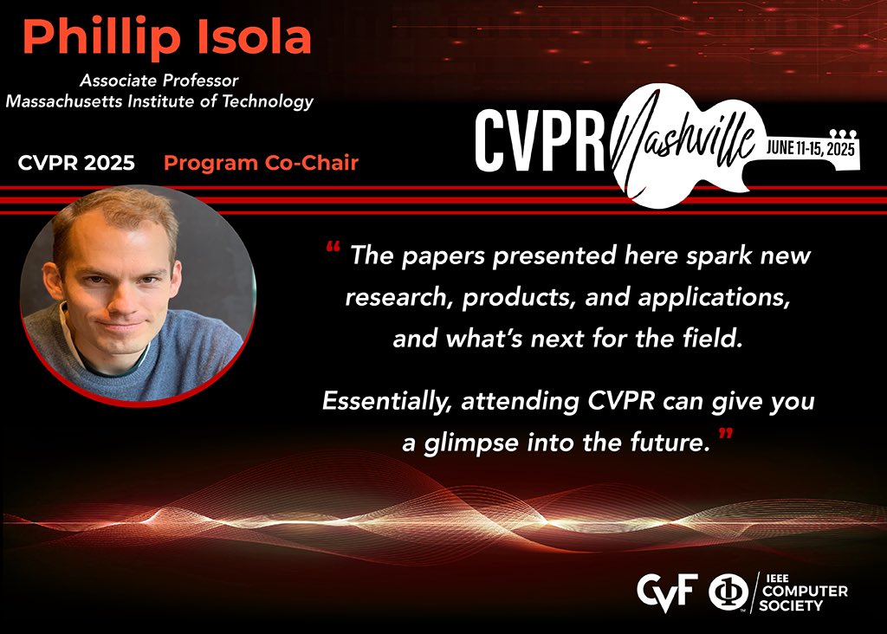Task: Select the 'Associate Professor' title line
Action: (159, 81)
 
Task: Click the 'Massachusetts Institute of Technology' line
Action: (159, 101)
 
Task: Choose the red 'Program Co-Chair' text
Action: (261, 163)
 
